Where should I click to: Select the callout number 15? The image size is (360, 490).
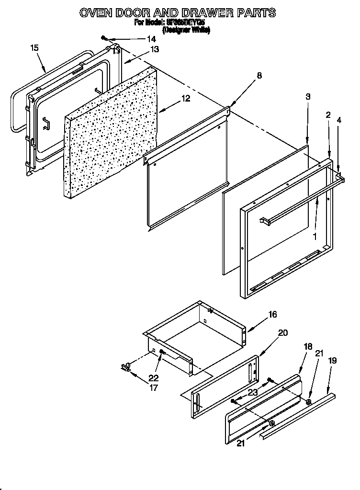(x=34, y=47)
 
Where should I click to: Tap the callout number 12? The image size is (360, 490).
(x=185, y=99)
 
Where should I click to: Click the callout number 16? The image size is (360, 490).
(x=272, y=315)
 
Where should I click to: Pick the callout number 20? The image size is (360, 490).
(x=283, y=333)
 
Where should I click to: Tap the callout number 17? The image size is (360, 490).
(x=153, y=388)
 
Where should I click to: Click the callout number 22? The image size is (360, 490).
(x=153, y=378)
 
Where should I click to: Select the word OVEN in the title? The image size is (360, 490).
(x=96, y=13)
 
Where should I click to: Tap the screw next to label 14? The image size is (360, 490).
(x=103, y=38)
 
